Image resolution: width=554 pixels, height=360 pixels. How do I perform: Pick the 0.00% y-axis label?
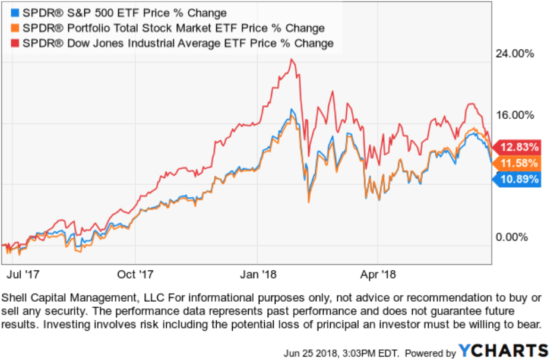[x=512, y=237]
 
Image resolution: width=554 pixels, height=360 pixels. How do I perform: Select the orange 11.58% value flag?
[x=517, y=163]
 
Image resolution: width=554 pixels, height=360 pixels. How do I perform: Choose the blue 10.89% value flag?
[x=517, y=179]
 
